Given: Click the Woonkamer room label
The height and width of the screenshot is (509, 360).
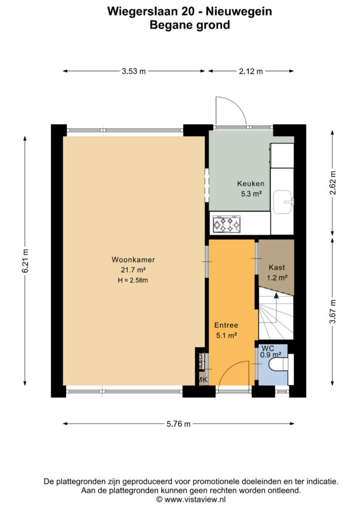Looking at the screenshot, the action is point(133,259).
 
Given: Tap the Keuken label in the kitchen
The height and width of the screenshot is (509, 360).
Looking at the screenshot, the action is point(251,184).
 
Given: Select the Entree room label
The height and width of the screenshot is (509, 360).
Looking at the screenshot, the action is point(226,325).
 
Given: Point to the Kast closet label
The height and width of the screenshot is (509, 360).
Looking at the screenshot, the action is point(276,267).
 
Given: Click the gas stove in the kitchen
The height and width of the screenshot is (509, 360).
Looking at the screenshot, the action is point(227,224).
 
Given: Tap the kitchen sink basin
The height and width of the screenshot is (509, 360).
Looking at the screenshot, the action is point(282,202).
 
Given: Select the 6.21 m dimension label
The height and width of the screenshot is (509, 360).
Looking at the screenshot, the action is point(25,260).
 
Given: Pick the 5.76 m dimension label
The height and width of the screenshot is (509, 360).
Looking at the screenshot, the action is point(179,424).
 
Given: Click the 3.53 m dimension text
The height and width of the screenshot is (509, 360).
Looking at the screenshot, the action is point(134,71).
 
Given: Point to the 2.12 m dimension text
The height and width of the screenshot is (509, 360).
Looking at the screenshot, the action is point(251,71).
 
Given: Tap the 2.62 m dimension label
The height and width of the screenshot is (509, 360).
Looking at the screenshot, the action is point(333,182).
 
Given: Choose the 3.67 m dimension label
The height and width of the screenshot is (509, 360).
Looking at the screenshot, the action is point(333,312).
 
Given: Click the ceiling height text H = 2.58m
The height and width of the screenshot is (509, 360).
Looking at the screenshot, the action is point(133,280).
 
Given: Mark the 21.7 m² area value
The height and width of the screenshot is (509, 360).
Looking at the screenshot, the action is point(133,270).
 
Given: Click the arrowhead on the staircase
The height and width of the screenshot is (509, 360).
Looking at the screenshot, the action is point(276,295).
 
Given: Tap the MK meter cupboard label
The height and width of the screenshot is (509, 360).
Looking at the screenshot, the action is point(203,379).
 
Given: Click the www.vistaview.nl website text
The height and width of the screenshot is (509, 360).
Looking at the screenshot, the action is point(194,499).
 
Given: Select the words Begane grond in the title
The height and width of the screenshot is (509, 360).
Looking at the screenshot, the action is point(190,25).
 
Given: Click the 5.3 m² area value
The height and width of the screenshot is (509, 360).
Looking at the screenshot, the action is point(251,194).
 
